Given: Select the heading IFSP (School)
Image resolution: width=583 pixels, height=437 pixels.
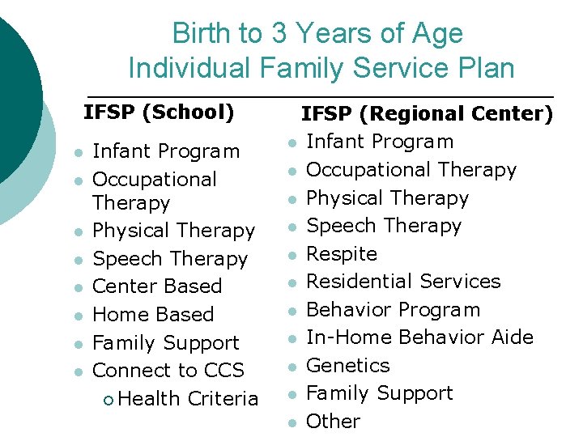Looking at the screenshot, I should tap(159, 112).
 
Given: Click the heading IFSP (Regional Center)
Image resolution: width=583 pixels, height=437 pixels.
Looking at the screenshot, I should tap(428, 114).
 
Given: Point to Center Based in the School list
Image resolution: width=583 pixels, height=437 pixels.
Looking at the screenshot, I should tap(157, 286).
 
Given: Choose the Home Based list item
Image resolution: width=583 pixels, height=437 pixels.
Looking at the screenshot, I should tap(153, 315).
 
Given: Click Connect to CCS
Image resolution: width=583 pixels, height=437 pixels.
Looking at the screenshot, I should tap(168, 371).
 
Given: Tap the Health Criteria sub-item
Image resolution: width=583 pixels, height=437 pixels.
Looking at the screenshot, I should tap(188, 399).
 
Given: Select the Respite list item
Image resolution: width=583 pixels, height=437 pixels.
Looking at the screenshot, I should tap(342, 254).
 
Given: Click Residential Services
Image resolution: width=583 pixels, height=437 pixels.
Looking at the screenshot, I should tap(403, 282).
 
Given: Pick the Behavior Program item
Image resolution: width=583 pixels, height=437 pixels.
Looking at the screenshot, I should tap(393, 310).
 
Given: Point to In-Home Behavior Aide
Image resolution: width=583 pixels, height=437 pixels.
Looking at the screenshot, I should tap(419, 337).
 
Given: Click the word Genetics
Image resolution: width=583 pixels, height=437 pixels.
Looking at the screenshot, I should tap(347, 366).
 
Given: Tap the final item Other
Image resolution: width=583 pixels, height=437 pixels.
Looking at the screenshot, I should tap(333, 422).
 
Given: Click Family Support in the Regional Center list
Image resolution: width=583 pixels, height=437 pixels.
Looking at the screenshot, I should tap(379, 393).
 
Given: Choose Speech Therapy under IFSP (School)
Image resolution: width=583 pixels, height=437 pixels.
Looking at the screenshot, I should tap(170, 259).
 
